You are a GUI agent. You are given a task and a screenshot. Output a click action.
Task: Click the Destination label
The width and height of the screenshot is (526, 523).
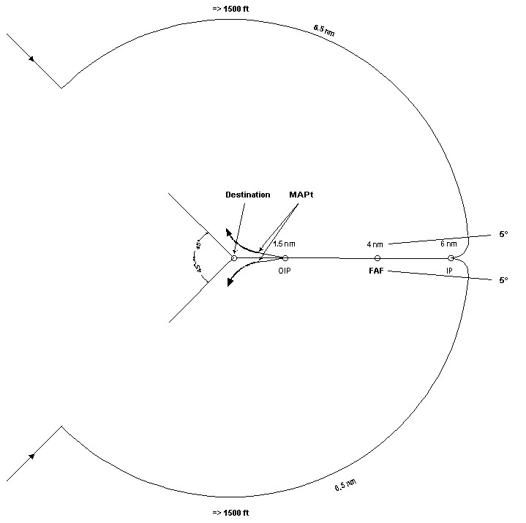[247, 195]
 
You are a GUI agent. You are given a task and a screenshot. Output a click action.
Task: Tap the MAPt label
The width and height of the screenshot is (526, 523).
[301, 195]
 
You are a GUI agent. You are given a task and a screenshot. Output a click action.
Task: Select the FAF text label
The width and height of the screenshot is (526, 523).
[376, 271]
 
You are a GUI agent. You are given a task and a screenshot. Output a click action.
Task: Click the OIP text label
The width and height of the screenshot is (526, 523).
[285, 271]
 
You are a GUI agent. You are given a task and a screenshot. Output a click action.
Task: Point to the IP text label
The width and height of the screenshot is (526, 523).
[449, 271]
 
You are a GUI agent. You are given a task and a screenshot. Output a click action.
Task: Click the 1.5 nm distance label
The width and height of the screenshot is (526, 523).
[284, 244]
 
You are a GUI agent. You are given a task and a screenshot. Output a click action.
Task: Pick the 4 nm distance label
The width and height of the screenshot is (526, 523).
[375, 244]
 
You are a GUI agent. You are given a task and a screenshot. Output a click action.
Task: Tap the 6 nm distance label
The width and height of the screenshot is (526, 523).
[448, 244]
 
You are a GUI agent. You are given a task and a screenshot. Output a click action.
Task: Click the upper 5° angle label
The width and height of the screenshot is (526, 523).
[503, 234]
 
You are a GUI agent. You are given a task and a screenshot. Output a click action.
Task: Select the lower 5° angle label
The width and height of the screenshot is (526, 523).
[503, 280]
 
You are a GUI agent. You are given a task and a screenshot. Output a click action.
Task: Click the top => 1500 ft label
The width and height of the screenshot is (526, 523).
[230, 9]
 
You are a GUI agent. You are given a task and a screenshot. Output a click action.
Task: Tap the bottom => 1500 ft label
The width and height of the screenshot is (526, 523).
[230, 513]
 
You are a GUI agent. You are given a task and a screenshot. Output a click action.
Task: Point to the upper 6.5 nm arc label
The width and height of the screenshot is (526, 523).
[324, 30]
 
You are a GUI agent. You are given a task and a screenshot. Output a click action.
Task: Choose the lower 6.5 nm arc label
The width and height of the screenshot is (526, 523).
[345, 485]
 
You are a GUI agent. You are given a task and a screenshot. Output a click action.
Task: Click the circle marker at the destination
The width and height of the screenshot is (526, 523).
[234, 258]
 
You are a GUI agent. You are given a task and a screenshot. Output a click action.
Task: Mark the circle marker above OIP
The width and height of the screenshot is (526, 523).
[285, 258]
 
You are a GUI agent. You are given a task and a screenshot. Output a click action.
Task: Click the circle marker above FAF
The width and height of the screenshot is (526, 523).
[377, 258]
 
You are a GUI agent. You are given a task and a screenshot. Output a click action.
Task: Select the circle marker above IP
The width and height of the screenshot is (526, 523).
[451, 258]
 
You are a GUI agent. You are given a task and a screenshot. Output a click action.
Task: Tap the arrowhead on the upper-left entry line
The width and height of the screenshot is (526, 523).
[31, 59]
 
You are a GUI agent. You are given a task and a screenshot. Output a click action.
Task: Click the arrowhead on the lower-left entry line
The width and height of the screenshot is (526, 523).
[31, 456]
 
